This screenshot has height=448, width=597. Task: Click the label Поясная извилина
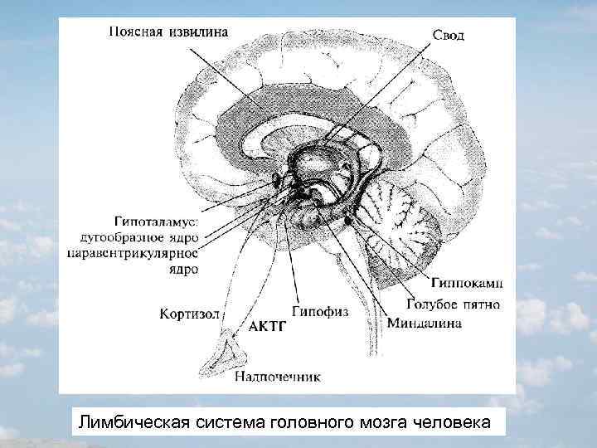[168, 32]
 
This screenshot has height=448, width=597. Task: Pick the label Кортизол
[190, 314]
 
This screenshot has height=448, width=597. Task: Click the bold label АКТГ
[268, 327]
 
